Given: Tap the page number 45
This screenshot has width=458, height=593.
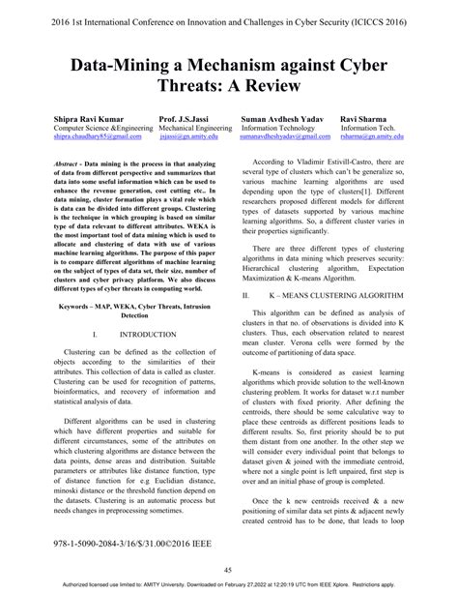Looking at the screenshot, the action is click(x=229, y=569).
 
